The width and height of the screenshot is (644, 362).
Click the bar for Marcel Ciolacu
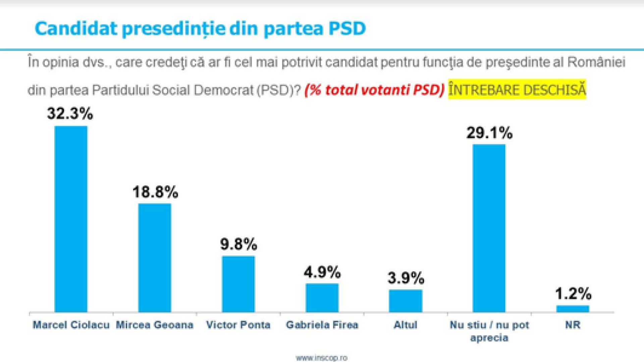[x=71, y=220]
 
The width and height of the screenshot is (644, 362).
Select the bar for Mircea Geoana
[x=155, y=258]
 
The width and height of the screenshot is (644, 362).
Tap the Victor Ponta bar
[x=238, y=284]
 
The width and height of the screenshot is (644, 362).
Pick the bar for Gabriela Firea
[x=322, y=298]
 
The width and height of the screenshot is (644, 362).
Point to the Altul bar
[x=406, y=301]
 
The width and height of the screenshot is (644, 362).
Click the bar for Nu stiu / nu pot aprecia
[x=489, y=229]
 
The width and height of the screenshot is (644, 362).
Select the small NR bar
[x=573, y=309]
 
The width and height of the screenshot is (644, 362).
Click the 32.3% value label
[x=70, y=113]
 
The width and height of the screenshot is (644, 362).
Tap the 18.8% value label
[x=155, y=192]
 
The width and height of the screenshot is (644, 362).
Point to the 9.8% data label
[x=238, y=244]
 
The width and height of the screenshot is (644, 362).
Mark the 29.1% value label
[x=489, y=133]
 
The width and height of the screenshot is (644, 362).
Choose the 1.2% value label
[x=573, y=294]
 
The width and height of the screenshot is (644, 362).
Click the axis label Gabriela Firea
[x=322, y=325]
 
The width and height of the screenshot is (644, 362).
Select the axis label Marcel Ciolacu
[x=71, y=325]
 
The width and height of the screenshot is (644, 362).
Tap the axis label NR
[x=573, y=325]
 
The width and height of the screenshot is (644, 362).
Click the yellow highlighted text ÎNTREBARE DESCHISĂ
[x=517, y=89]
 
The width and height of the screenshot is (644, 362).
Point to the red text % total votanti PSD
[x=374, y=90]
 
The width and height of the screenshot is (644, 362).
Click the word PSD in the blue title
[x=347, y=28]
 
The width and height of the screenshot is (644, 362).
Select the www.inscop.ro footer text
[x=321, y=358]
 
